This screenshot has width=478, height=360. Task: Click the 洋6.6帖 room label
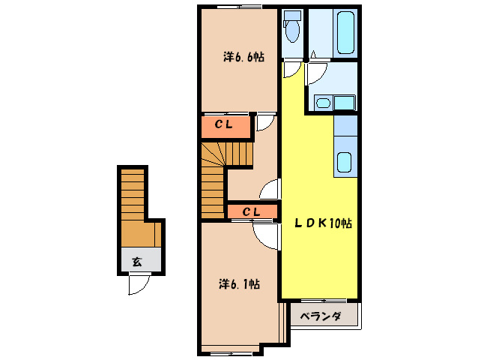pos(243,57)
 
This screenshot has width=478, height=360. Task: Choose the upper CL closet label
pos(224,125)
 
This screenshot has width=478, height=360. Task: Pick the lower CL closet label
pos(250,211)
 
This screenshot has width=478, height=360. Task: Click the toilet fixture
pos(292,27)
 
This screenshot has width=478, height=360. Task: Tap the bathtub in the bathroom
pos(344,34)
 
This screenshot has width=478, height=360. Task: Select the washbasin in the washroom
pos(323,103)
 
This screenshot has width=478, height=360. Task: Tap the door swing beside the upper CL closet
pos(265,122)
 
